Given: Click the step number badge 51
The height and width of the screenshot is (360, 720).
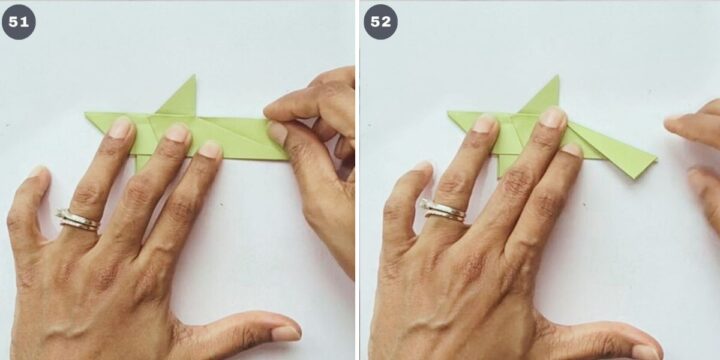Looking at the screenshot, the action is point(18,22).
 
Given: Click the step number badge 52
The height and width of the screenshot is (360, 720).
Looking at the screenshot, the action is point(381,22).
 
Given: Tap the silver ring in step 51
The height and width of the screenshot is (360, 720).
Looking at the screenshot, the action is point(78,219).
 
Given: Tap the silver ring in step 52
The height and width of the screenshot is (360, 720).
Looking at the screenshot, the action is point(443,211).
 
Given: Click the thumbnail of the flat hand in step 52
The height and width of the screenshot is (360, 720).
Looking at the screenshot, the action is point(646,351).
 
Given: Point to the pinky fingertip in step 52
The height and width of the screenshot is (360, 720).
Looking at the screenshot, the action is point(421,168).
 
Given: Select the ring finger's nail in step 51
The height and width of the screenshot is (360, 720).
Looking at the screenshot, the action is point(120,128).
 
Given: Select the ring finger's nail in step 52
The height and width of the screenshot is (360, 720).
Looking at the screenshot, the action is point(485,124).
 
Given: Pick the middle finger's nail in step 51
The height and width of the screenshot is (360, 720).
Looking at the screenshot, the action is point(177,133).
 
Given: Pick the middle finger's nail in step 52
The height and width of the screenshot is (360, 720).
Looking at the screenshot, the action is point(552,118).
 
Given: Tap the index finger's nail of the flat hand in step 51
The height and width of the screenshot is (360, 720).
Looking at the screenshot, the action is point(210,150).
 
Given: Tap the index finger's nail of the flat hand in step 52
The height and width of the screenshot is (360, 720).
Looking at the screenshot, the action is point(572,150).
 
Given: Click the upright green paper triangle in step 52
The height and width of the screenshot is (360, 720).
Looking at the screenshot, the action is point(543,98).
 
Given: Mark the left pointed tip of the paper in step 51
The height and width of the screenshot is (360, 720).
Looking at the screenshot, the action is point(85,113).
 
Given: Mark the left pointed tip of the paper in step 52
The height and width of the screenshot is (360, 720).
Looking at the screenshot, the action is point(448,112).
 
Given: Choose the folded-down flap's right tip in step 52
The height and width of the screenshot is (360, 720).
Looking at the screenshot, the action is point(656,159).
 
